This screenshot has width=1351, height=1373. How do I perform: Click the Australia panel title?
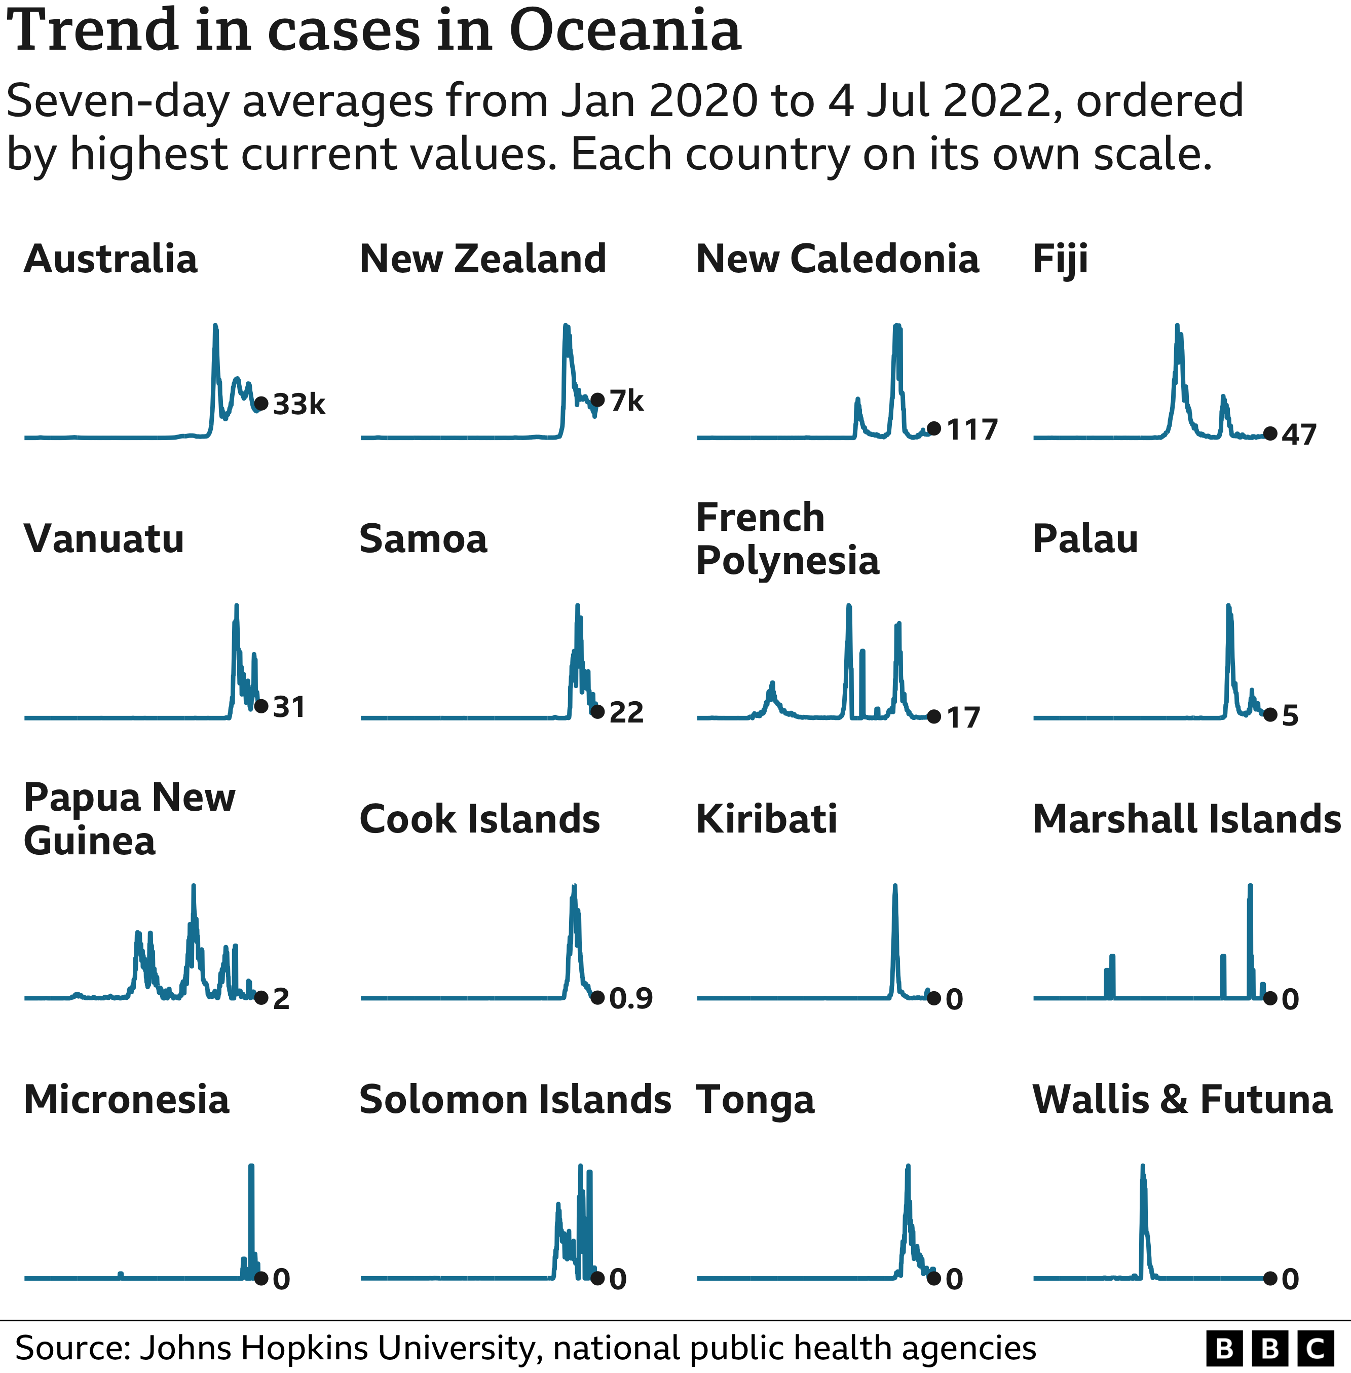click(110, 259)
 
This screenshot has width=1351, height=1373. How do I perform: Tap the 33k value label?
click(298, 405)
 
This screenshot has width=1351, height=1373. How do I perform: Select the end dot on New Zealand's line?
click(597, 401)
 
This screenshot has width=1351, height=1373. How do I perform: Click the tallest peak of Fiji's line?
click(1177, 327)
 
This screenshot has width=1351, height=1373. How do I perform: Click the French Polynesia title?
click(787, 539)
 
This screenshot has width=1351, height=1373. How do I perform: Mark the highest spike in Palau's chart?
click(1228, 606)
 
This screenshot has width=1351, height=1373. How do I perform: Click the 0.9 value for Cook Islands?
click(631, 999)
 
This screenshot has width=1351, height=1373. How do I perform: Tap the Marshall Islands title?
click(1186, 819)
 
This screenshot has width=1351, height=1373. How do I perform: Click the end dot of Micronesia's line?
click(261, 1279)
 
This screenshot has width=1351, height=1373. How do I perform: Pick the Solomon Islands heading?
click(515, 1100)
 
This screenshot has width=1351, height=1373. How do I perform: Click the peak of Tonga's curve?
click(908, 1167)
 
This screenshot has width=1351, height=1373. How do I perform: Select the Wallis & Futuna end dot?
click(1270, 1279)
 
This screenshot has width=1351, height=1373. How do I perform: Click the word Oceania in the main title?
click(625, 31)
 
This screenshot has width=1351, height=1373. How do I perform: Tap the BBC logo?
click(1269, 1348)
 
